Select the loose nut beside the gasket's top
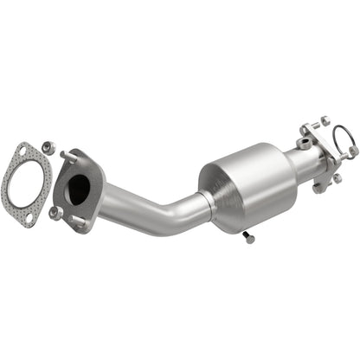(x=48, y=149)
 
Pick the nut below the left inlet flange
(x=55, y=211)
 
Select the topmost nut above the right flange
(x=325, y=120)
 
